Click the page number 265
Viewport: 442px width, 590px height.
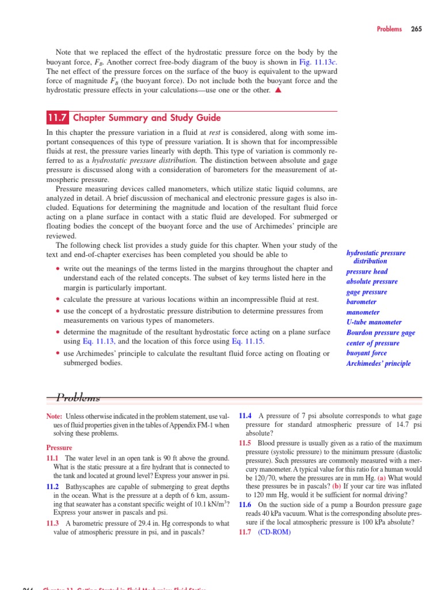[x=417, y=29]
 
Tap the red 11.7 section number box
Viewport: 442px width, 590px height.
[x=58, y=118]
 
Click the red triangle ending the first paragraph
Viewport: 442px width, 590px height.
[x=278, y=90]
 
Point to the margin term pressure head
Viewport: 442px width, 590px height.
[x=367, y=271]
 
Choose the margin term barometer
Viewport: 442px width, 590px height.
[x=361, y=302]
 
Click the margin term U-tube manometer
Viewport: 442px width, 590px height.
[x=374, y=322]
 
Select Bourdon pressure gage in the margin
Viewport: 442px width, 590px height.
[x=380, y=332]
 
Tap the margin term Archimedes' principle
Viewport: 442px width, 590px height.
[x=378, y=364]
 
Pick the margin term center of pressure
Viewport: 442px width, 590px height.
[x=372, y=343]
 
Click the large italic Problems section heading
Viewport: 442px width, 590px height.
[x=78, y=398]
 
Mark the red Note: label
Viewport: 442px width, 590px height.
[x=54, y=416]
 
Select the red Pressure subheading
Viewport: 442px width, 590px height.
[x=59, y=448]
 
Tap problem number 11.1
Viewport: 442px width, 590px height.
[x=52, y=458]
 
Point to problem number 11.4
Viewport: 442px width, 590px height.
[x=245, y=416]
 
